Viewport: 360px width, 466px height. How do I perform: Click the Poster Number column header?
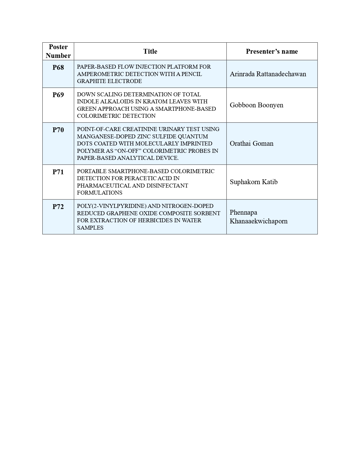click(58, 51)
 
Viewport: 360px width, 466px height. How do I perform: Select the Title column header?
click(150, 51)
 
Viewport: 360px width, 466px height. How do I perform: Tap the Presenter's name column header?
click(272, 51)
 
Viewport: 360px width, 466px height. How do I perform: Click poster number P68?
click(58, 67)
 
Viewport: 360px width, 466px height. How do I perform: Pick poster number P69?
click(58, 95)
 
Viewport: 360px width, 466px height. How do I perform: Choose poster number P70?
click(58, 130)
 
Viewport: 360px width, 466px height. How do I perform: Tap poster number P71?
click(58, 172)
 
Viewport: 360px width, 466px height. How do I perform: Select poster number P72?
click(58, 207)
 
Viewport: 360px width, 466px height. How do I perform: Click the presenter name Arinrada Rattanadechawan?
click(268, 74)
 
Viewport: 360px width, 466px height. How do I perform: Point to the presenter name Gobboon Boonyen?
click(256, 105)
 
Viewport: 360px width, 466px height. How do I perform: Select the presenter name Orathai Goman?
click(251, 143)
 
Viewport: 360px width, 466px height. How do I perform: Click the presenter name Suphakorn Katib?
click(254, 182)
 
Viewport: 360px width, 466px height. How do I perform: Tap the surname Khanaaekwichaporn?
click(259, 221)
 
